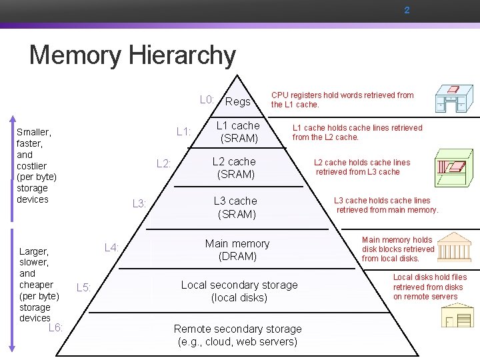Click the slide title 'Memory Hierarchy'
click(132, 55)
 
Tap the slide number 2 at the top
click(407, 11)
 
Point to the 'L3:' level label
click(139, 203)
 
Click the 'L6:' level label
click(56, 327)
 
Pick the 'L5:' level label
click(84, 287)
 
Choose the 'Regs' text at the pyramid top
click(238, 101)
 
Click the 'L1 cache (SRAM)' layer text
click(239, 132)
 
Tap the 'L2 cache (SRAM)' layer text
click(234, 168)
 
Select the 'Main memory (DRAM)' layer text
click(237, 250)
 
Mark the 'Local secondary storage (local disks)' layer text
click(239, 291)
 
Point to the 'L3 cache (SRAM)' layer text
click(235, 207)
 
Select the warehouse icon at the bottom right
click(457, 314)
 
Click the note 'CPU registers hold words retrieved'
click(342, 100)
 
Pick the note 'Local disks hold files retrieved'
click(429, 287)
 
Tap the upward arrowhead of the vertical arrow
click(11, 121)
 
